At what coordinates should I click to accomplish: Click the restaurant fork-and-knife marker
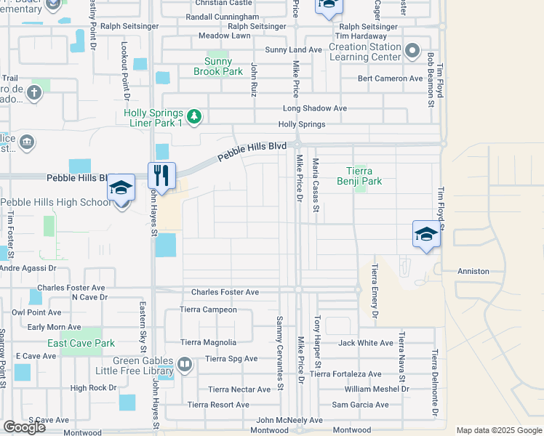pyautogui.click(x=161, y=175)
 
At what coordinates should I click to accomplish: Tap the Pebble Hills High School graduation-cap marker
pyautogui.click(x=121, y=187)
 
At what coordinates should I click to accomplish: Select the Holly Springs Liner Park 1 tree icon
pyautogui.click(x=193, y=116)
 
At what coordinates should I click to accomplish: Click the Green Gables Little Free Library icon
pyautogui.click(x=185, y=364)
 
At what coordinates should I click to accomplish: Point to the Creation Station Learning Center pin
pyautogui.click(x=412, y=51)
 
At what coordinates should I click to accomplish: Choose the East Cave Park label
pyautogui.click(x=81, y=343)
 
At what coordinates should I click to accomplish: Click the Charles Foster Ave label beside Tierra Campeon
pyautogui.click(x=225, y=292)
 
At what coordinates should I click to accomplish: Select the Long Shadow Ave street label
pyautogui.click(x=314, y=108)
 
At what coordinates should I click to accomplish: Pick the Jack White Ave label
pyautogui.click(x=366, y=342)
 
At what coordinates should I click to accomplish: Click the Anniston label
pyautogui.click(x=473, y=271)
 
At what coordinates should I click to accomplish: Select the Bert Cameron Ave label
pyautogui.click(x=390, y=78)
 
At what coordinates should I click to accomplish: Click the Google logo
pyautogui.click(x=24, y=427)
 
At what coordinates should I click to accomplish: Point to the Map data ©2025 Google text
pyautogui.click(x=499, y=430)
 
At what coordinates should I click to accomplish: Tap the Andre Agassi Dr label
pyautogui.click(x=28, y=268)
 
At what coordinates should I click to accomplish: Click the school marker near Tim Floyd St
pyautogui.click(x=425, y=234)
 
